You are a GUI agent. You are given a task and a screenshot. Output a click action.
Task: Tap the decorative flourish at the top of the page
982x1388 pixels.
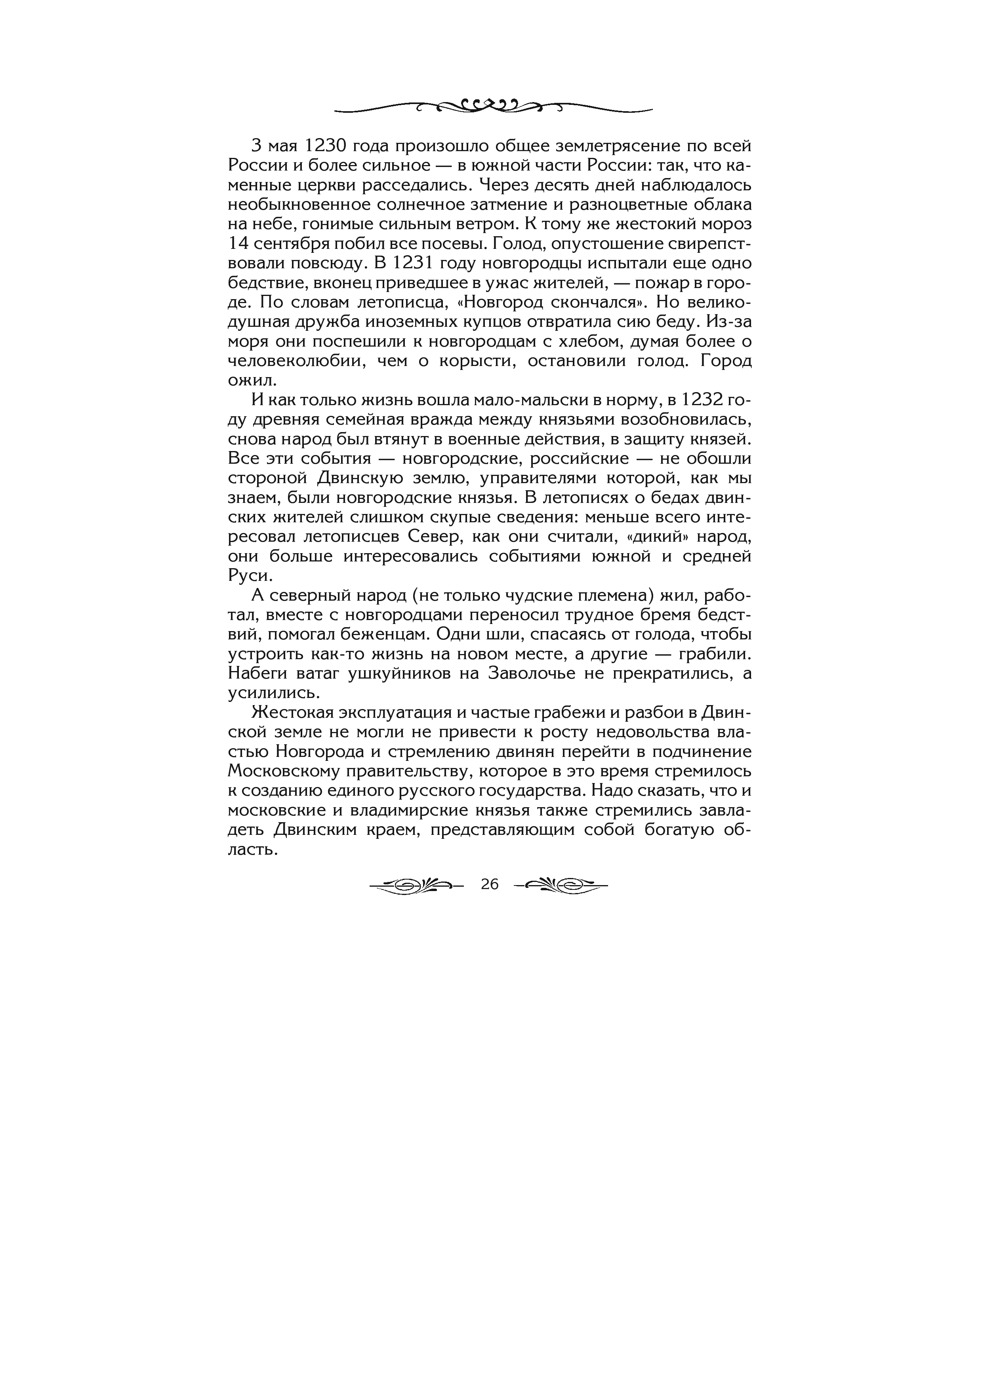(x=493, y=108)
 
